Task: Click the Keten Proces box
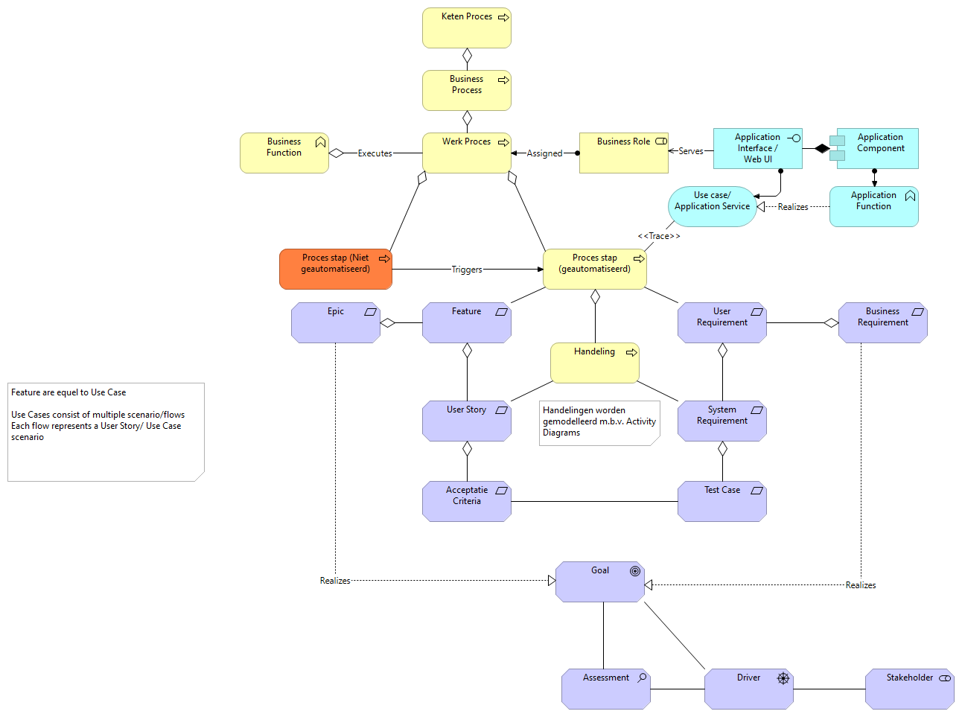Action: click(x=466, y=28)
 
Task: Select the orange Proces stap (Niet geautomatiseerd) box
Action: click(x=335, y=270)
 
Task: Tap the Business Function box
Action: click(x=284, y=153)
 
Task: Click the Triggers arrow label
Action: click(x=467, y=270)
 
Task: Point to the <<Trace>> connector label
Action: click(x=659, y=236)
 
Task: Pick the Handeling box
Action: click(x=594, y=363)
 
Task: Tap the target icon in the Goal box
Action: click(x=635, y=571)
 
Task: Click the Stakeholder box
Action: click(x=909, y=689)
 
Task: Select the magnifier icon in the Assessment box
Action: click(x=642, y=678)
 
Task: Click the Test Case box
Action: click(x=721, y=501)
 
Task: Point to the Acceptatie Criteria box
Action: click(x=466, y=501)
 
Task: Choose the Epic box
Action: click(x=335, y=323)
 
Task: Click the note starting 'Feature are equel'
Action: click(x=106, y=432)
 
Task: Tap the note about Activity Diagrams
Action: click(x=599, y=422)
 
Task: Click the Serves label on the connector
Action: click(x=690, y=151)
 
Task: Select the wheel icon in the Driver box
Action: click(x=783, y=678)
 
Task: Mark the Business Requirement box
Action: click(x=882, y=323)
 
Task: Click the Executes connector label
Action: click(x=375, y=153)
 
